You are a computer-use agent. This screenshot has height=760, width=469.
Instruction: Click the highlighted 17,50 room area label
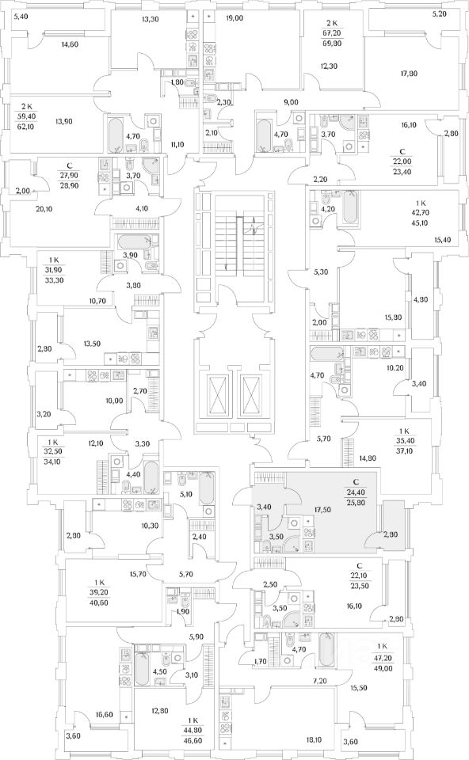click(x=322, y=510)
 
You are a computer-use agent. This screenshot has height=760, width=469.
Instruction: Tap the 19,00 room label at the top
click(x=234, y=18)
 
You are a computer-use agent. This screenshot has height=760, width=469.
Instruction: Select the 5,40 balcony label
click(x=22, y=17)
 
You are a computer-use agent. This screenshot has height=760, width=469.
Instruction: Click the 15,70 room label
click(x=139, y=574)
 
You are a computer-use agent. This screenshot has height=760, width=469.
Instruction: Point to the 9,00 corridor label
click(x=291, y=102)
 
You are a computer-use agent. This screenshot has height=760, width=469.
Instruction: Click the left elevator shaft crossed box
click(x=217, y=393)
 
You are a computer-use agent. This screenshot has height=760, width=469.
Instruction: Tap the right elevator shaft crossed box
click(x=251, y=393)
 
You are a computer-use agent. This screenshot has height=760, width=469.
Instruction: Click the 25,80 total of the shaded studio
click(x=356, y=503)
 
